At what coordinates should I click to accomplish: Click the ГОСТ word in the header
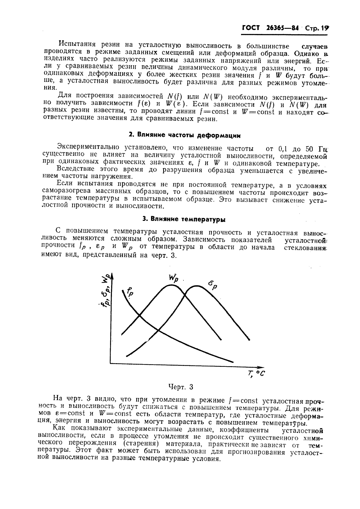[x=251, y=28]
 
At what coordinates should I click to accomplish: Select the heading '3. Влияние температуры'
[x=184, y=219]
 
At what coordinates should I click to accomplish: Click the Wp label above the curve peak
[x=173, y=279]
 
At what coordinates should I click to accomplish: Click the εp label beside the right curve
[x=213, y=285]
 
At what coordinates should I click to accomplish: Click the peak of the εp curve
[x=197, y=286]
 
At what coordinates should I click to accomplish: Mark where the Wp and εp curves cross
[x=184, y=293]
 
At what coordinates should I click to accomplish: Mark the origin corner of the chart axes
[x=111, y=363]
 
